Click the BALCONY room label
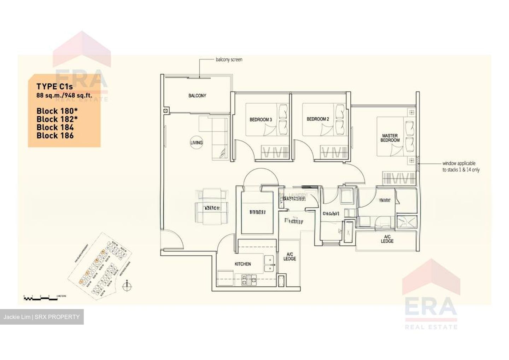197,95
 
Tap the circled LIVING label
196,143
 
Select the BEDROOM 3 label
261,120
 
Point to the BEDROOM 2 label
317,119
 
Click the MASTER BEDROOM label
390,138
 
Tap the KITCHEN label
243,264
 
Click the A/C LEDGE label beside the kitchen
289,256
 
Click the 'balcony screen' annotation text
229,60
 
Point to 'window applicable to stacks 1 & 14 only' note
461,167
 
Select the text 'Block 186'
55,135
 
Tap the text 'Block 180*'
57,111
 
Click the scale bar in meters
40,298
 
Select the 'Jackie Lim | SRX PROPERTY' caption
42,317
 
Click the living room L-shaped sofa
214,138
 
